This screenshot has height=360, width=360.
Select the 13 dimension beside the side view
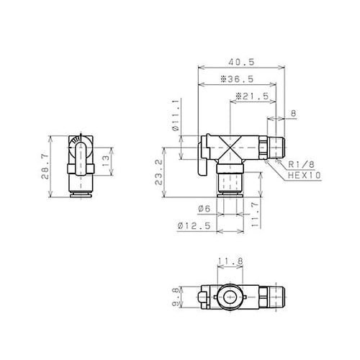click(x=106, y=158)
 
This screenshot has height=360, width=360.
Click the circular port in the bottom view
click(x=225, y=296)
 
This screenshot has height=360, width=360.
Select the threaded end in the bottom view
click(x=277, y=296)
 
